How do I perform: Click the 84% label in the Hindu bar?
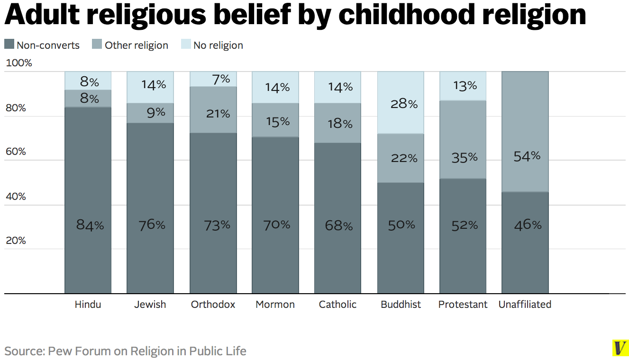click(90, 225)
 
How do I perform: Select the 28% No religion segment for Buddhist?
click(401, 103)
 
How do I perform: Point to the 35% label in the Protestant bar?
click(465, 157)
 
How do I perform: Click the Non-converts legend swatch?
click(9, 45)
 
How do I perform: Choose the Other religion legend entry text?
click(137, 45)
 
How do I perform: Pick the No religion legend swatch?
click(186, 45)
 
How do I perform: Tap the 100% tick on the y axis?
click(18, 63)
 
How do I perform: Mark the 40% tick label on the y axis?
click(16, 196)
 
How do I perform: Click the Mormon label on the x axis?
click(275, 305)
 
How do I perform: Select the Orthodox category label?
click(213, 305)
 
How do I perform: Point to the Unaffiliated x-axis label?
click(525, 305)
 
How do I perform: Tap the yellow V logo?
click(619, 348)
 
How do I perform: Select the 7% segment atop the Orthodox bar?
click(213, 79)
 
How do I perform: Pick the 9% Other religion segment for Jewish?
click(150, 113)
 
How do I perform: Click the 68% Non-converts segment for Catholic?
click(338, 218)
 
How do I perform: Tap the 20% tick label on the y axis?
click(16, 241)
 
